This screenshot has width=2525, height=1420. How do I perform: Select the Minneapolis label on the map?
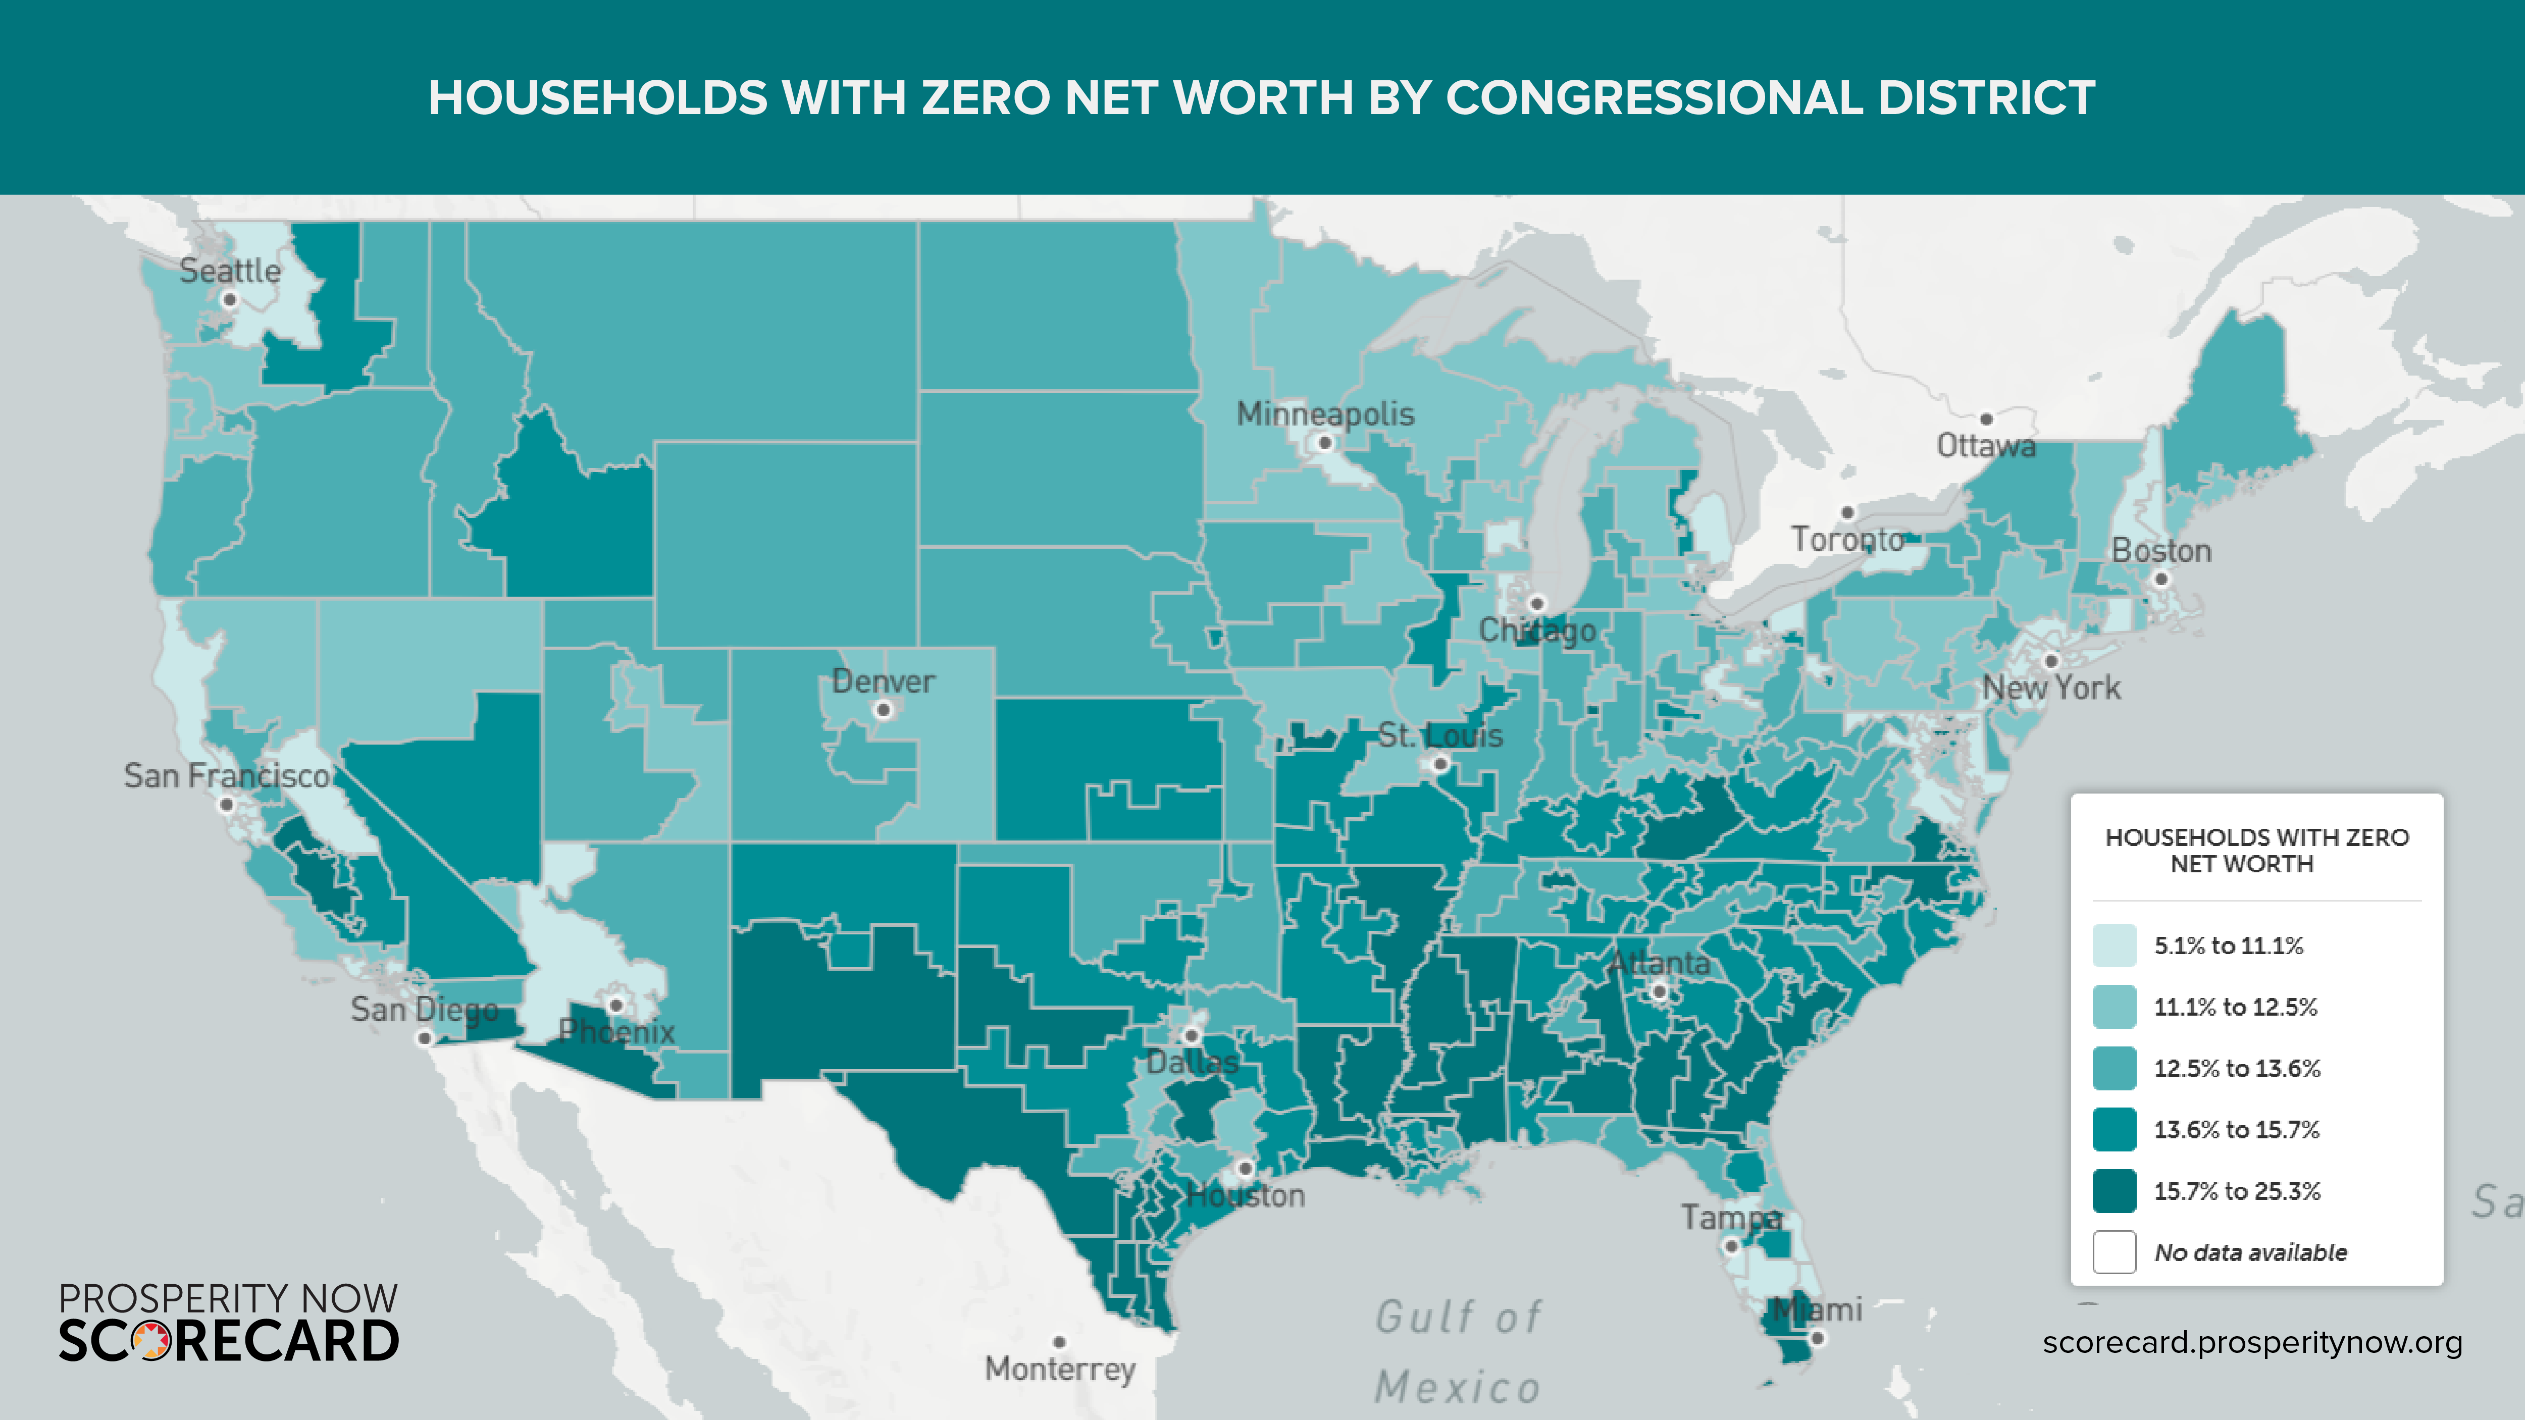pyautogui.click(x=1325, y=413)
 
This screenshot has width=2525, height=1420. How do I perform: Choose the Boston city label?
pyautogui.click(x=2161, y=551)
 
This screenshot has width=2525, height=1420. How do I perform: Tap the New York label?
pyautogui.click(x=2051, y=688)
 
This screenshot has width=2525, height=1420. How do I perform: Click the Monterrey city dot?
pyautogui.click(x=1060, y=1342)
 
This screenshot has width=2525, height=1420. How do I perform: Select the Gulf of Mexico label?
pyautogui.click(x=1459, y=1352)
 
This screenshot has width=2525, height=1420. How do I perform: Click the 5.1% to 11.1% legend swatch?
pyautogui.click(x=2115, y=945)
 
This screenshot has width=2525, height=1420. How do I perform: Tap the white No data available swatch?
pyautogui.click(x=2115, y=1252)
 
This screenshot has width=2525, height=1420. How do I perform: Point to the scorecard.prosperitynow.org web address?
pyautogui.click(x=2251, y=1343)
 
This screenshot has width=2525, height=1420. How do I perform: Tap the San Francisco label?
pyautogui.click(x=226, y=776)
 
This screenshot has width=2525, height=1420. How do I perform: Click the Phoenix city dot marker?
pyautogui.click(x=615, y=1006)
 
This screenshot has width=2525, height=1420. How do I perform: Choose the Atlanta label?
pyautogui.click(x=1660, y=963)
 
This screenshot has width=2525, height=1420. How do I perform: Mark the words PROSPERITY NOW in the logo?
pyautogui.click(x=228, y=1298)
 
